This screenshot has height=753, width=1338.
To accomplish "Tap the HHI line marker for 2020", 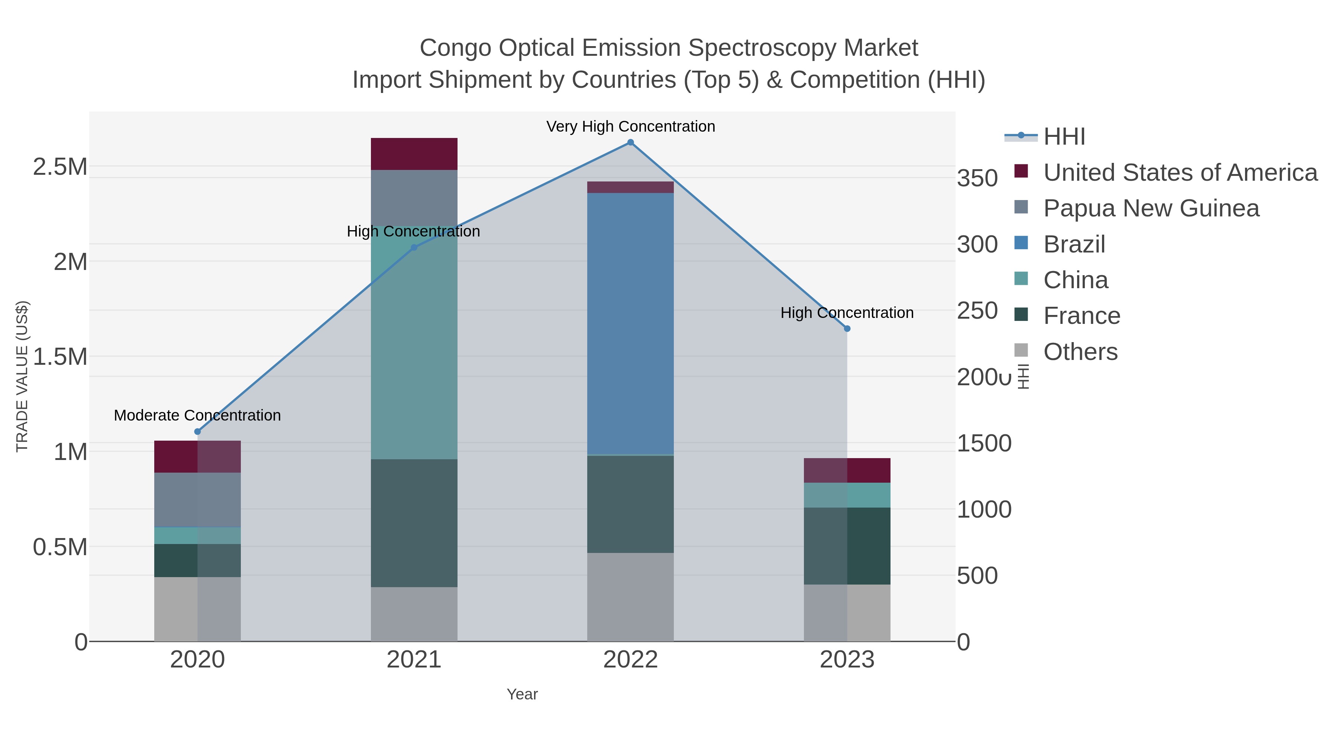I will (197, 432).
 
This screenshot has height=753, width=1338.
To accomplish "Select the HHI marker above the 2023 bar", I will (847, 328).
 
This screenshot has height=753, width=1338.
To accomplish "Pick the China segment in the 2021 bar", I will (414, 343).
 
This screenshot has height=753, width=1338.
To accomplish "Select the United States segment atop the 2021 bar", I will (414, 154).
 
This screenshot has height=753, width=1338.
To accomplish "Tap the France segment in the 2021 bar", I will (414, 523).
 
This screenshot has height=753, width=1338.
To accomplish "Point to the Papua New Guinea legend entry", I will (1151, 208).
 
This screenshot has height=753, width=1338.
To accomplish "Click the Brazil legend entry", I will (1074, 244).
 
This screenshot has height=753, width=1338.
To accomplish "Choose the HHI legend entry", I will (1064, 137).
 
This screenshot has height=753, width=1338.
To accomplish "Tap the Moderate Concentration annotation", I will (197, 416).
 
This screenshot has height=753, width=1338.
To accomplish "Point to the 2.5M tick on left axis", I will (60, 167).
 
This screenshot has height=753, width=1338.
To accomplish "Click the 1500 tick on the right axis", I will (984, 444).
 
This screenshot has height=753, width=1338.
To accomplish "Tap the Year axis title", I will (522, 694).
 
